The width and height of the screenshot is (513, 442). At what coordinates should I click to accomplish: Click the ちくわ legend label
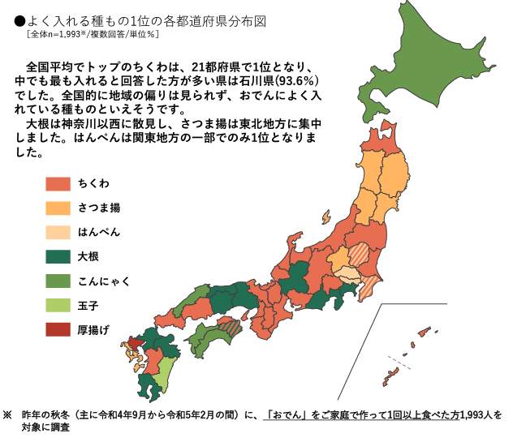coord(94,184)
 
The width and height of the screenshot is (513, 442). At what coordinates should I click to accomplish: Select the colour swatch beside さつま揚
coord(58,208)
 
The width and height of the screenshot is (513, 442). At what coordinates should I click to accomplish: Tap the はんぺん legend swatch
coord(58,233)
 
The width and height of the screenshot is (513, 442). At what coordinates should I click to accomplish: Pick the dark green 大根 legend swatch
coord(58,257)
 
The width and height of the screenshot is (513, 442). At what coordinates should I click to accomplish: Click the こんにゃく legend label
coord(104,281)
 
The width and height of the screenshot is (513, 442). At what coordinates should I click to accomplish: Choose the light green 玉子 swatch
coord(58,306)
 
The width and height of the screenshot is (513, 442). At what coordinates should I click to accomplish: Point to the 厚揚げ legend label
coord(93,330)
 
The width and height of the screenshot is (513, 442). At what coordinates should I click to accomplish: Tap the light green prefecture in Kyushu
coord(163,374)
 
